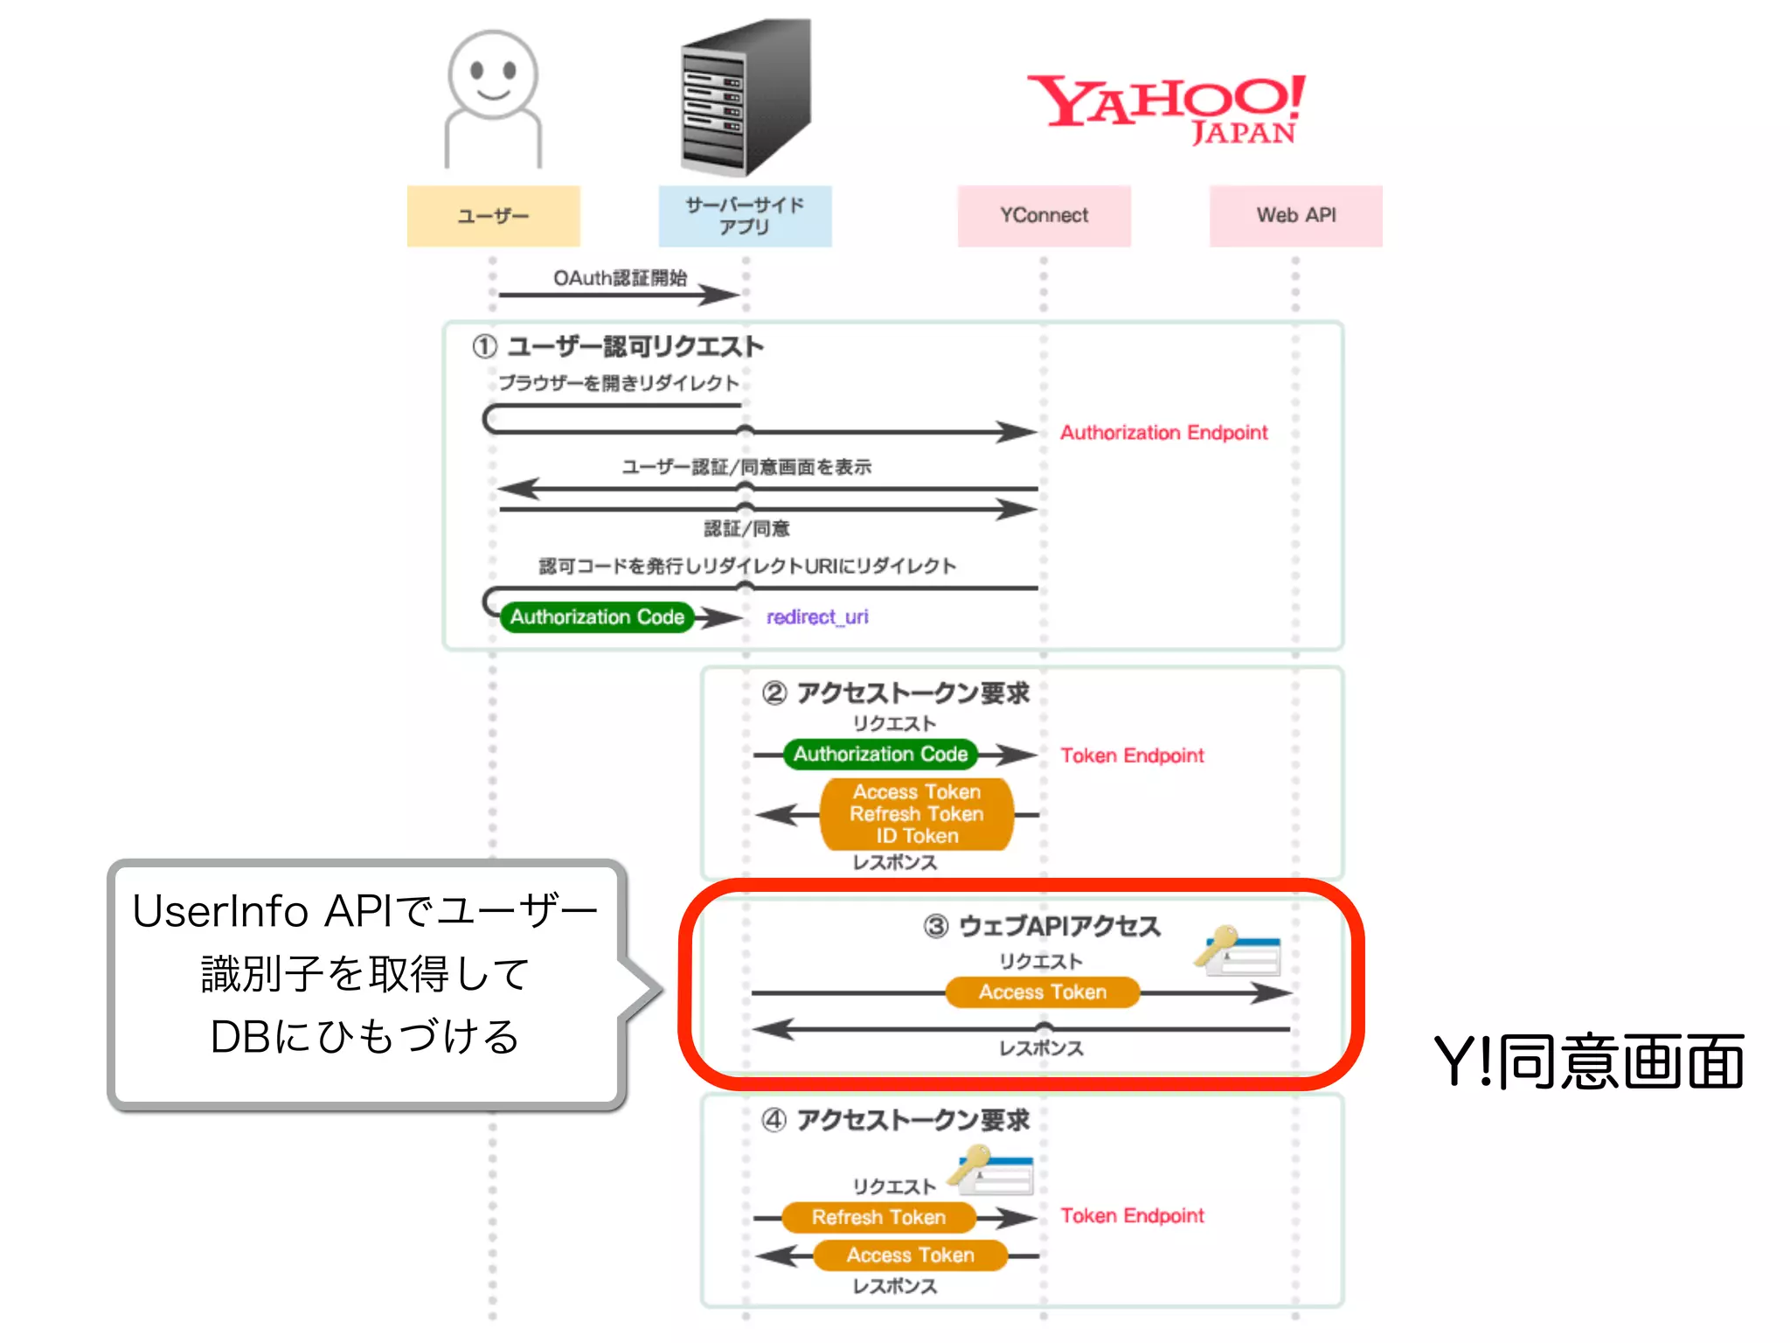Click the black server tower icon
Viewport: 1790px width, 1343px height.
(x=746, y=96)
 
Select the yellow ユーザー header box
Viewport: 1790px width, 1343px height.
(x=493, y=216)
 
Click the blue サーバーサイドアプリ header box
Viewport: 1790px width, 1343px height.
(x=745, y=216)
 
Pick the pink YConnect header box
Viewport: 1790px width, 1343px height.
(x=1044, y=216)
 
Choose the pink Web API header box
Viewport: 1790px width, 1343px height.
(x=1295, y=216)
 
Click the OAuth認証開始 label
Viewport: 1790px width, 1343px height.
(x=620, y=278)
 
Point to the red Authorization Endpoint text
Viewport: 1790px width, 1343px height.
(x=1163, y=433)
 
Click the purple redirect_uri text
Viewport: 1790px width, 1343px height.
(x=817, y=617)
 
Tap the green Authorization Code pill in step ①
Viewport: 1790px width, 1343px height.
(x=597, y=617)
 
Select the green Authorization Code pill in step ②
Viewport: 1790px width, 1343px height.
(x=880, y=754)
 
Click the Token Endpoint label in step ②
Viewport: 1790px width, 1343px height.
(x=1132, y=755)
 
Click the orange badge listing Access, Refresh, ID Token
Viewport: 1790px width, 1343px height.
(x=916, y=814)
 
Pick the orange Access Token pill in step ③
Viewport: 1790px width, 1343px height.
(x=1042, y=992)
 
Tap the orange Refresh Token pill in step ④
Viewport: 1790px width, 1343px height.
(x=878, y=1217)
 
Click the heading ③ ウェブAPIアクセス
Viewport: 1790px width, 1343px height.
(x=1042, y=927)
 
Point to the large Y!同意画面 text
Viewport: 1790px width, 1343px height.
(x=1588, y=1061)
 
